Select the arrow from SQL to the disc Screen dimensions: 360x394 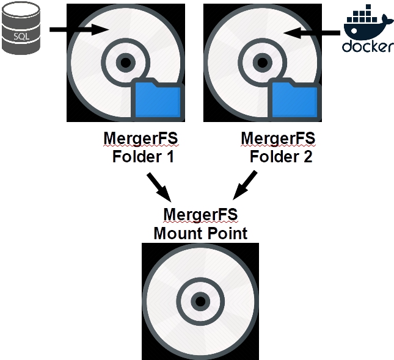79,29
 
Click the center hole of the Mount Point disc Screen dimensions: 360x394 200,301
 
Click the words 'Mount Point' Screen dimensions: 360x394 200,233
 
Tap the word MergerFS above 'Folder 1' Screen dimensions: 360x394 140,139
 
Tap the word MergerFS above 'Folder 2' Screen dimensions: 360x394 278,139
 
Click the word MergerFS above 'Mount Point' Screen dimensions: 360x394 200,215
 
